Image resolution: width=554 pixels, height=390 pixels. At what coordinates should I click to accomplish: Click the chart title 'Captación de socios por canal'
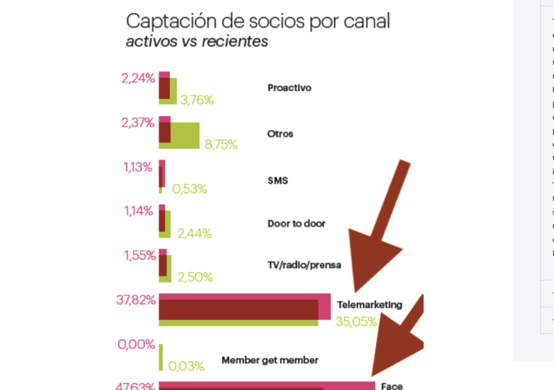pyautogui.click(x=258, y=21)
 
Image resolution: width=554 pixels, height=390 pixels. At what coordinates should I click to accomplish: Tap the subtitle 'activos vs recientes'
pyautogui.click(x=197, y=41)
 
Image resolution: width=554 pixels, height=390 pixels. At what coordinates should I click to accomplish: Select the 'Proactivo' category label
pyautogui.click(x=289, y=88)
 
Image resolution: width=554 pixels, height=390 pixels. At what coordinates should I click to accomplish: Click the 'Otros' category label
pyautogui.click(x=280, y=134)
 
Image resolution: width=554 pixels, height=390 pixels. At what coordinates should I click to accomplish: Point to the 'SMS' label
pyautogui.click(x=278, y=180)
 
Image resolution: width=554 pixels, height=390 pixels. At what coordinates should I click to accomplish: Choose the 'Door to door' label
pyautogui.click(x=296, y=224)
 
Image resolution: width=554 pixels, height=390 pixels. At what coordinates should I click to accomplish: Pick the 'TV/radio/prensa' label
pyautogui.click(x=304, y=265)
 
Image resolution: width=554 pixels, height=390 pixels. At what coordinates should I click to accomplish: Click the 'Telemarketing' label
pyautogui.click(x=369, y=305)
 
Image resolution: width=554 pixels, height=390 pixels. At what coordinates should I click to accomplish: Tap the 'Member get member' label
pyautogui.click(x=270, y=360)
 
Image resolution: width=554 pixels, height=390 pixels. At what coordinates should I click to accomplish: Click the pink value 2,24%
pyautogui.click(x=138, y=78)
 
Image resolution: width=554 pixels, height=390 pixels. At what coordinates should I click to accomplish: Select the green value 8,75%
pyautogui.click(x=221, y=145)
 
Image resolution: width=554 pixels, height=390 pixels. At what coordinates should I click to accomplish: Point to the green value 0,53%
pyautogui.click(x=189, y=189)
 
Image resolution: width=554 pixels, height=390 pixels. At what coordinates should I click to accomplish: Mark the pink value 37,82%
pyautogui.click(x=136, y=300)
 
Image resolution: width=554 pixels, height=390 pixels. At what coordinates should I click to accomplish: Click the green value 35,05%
pyautogui.click(x=356, y=321)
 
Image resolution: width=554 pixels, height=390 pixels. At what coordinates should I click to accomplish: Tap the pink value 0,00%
pyautogui.click(x=136, y=344)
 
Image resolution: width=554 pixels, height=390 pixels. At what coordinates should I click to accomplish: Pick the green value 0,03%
pyautogui.click(x=186, y=366)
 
